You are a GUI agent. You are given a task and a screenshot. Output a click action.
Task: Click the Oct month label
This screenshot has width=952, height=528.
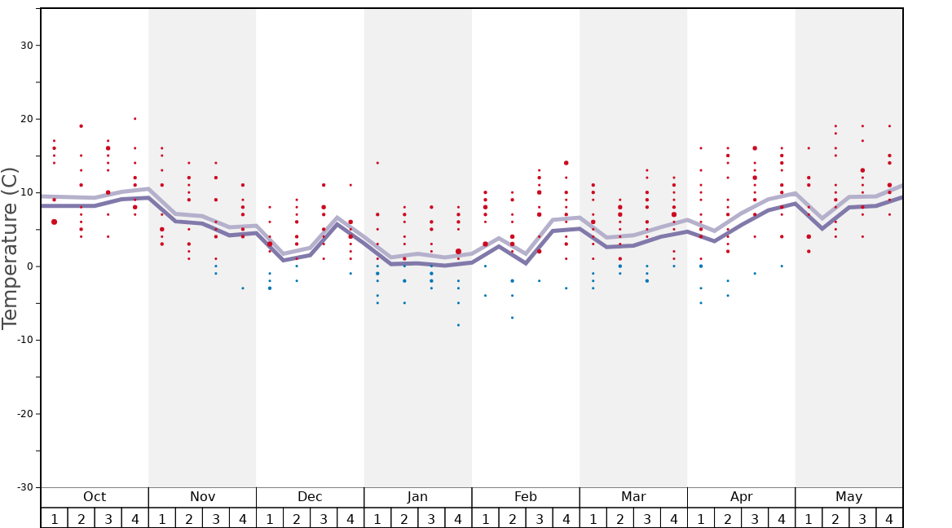[x=95, y=497]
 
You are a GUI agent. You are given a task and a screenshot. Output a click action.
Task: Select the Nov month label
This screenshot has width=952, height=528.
[x=202, y=497]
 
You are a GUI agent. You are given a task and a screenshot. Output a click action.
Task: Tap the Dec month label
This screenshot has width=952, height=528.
[x=310, y=497]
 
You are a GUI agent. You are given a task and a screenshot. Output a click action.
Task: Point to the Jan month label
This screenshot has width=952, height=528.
[x=417, y=497]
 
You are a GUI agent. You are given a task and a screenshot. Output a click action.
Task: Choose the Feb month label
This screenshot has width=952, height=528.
[x=526, y=497]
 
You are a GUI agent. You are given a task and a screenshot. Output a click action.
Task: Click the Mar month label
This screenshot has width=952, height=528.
[x=633, y=497]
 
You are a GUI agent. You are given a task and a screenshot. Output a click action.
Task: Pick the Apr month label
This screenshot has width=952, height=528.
[x=741, y=497]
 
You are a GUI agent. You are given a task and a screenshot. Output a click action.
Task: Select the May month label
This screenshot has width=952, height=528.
[x=848, y=497]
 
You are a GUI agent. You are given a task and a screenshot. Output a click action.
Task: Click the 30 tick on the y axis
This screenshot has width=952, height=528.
[x=27, y=46]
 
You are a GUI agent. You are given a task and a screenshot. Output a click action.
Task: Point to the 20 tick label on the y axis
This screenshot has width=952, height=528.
[x=27, y=119]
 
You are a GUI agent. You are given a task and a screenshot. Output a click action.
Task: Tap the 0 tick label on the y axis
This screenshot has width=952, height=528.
[x=30, y=266]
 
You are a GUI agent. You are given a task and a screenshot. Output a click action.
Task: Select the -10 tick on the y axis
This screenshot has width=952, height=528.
[x=24, y=340]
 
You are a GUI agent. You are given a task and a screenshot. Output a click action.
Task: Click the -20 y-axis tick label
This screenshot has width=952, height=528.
[x=24, y=414]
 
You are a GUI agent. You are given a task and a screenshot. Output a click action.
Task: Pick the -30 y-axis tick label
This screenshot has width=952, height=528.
[x=24, y=487]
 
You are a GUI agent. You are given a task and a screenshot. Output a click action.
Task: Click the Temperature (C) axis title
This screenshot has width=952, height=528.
[x=10, y=248]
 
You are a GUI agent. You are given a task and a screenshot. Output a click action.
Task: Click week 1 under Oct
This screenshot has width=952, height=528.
[x=55, y=518]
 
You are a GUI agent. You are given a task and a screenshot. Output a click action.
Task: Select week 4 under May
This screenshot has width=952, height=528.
[x=889, y=518]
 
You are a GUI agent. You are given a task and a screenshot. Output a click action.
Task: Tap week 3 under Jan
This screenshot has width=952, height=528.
[x=431, y=518]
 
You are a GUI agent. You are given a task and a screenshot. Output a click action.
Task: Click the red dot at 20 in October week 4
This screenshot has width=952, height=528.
[x=135, y=119]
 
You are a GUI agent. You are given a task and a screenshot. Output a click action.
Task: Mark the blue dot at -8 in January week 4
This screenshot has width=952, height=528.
[x=458, y=325]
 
